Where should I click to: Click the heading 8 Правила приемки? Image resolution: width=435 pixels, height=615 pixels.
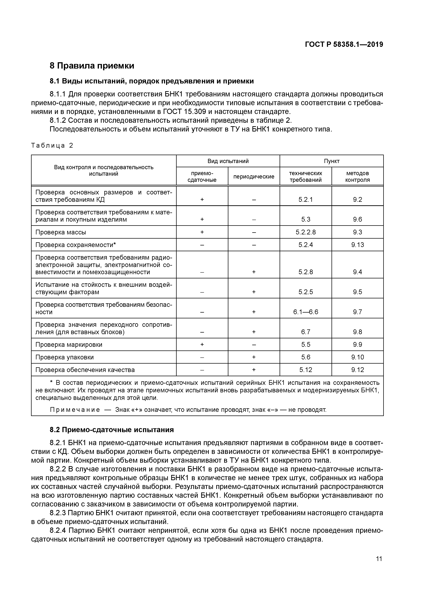(x=92, y=66)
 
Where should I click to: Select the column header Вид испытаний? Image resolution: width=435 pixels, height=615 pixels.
(x=228, y=161)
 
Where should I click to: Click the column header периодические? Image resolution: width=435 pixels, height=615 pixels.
(x=254, y=177)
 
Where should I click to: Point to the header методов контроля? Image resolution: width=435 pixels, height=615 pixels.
(x=357, y=177)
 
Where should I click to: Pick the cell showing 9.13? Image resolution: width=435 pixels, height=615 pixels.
(x=357, y=245)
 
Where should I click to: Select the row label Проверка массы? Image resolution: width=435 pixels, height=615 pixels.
(x=61, y=232)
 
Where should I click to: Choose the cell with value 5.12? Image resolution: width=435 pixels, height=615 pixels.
(x=306, y=370)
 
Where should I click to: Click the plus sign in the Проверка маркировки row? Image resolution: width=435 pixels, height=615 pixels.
(x=202, y=344)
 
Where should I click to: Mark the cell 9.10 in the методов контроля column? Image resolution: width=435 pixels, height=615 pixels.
(x=357, y=357)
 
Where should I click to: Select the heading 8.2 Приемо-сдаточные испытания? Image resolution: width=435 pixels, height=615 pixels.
(x=112, y=430)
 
